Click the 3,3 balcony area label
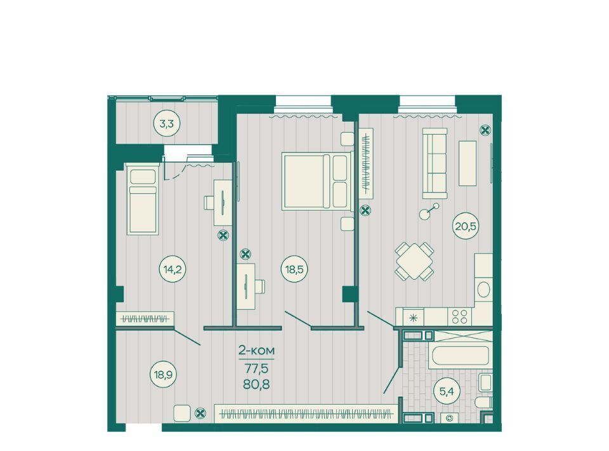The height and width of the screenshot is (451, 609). click(167, 124)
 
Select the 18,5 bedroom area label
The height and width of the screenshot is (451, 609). click(294, 269)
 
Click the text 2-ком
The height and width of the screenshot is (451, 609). click(256, 351)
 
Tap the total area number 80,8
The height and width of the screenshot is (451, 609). click(256, 384)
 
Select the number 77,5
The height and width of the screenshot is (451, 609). click(256, 367)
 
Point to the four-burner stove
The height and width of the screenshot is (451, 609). click(459, 316)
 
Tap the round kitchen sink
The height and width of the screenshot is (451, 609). click(483, 290)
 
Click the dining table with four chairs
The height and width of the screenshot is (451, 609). click(414, 261)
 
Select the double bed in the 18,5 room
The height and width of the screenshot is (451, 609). click(317, 181)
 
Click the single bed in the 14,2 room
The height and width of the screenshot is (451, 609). click(143, 199)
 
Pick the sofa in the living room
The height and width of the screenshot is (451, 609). click(435, 163)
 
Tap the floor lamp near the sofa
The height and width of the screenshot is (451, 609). click(429, 210)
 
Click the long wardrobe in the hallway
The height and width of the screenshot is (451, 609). click(306, 413)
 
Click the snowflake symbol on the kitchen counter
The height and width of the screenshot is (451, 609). click(413, 318)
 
